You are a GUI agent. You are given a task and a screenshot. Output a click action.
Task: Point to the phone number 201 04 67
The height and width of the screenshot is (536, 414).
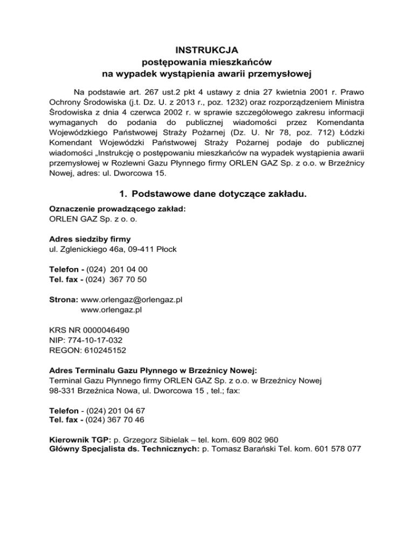(127, 410)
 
